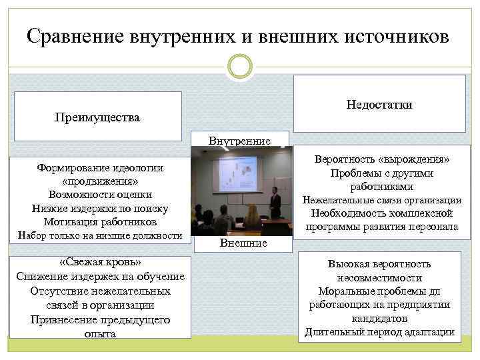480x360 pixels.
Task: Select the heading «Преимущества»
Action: click(x=97, y=118)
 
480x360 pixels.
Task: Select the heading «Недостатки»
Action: click(x=379, y=105)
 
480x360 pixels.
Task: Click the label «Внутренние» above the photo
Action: click(x=239, y=141)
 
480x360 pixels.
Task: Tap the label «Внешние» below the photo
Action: click(x=243, y=243)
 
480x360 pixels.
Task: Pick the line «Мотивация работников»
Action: click(x=101, y=222)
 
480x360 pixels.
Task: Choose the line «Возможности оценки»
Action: click(x=101, y=195)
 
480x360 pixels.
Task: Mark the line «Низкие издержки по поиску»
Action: click(x=101, y=209)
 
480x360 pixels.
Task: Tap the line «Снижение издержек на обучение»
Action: click(x=101, y=276)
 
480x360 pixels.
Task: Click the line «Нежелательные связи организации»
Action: click(x=382, y=200)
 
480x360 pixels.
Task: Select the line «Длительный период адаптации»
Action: click(x=379, y=332)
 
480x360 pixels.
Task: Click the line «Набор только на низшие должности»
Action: click(x=100, y=235)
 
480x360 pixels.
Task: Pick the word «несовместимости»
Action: click(x=379, y=278)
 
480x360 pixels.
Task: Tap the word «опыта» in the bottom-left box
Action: click(x=100, y=334)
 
